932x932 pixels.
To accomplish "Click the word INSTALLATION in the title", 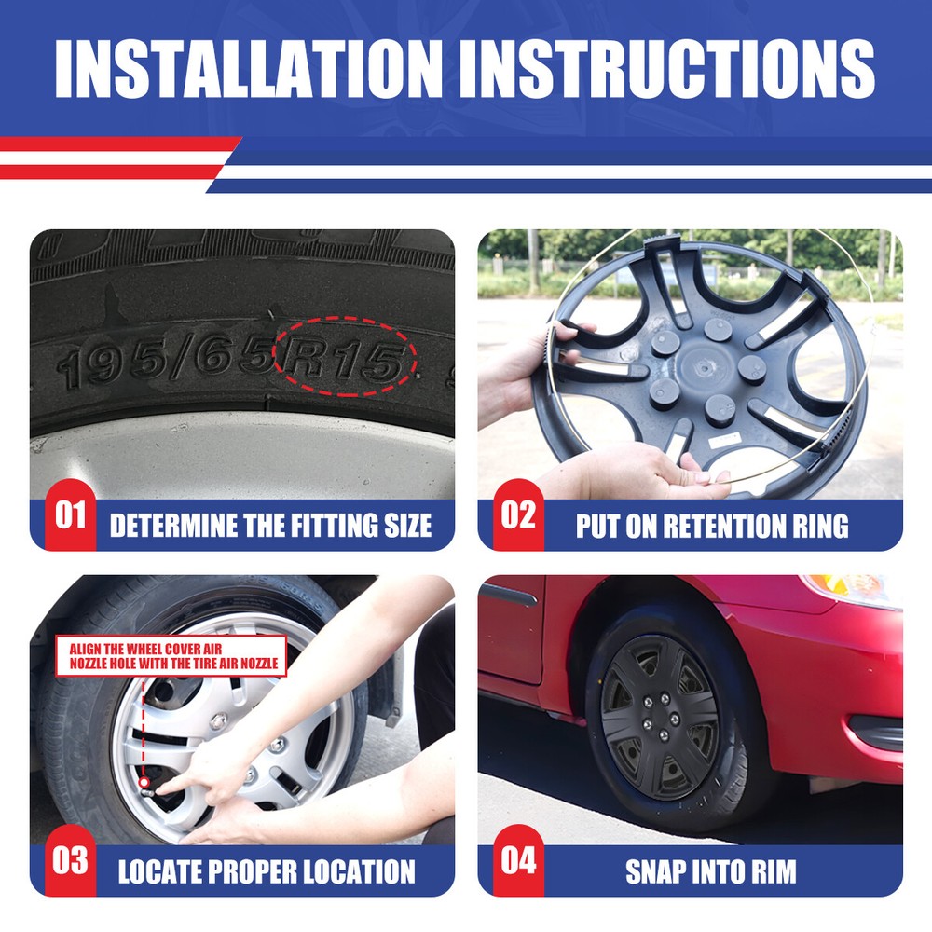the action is [x=249, y=68].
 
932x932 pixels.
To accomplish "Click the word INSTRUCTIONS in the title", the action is [x=675, y=68].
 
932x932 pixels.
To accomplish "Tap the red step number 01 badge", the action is [x=70, y=514].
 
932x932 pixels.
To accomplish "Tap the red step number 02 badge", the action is [x=518, y=514].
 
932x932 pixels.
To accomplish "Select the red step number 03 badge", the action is [x=70, y=860].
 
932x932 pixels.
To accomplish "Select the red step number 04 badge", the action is [x=518, y=860].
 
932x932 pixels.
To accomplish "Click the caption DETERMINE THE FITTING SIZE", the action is [x=270, y=526].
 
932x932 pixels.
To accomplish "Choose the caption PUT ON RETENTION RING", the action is [x=712, y=526].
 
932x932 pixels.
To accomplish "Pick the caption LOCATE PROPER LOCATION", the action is [x=267, y=872].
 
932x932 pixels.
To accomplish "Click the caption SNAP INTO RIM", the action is [x=711, y=872].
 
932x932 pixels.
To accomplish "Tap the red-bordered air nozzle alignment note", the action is [x=171, y=656].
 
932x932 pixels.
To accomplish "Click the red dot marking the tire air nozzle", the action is [x=144, y=783].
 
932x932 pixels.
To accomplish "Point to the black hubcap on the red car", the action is [x=661, y=718].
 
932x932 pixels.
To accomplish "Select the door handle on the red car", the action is [x=508, y=595].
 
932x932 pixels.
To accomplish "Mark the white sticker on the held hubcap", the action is [x=725, y=441].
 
